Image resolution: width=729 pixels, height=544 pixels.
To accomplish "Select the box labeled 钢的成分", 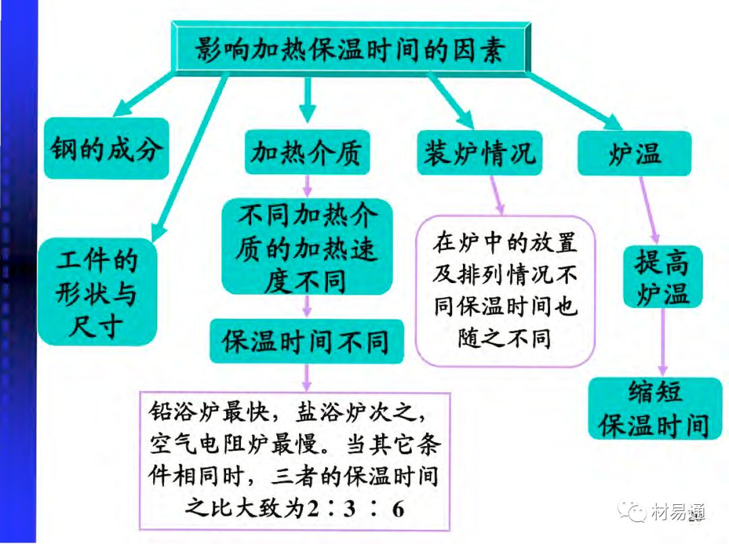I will pos(107,149).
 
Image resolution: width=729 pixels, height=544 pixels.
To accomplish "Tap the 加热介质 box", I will pos(307,153).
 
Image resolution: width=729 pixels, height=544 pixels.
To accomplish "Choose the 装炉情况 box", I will pos(479,153).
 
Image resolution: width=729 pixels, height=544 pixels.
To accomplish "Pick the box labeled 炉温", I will pos(634,154).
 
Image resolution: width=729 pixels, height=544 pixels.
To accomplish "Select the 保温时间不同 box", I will pos(307,341).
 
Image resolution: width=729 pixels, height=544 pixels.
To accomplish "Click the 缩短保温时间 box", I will pos(655,408).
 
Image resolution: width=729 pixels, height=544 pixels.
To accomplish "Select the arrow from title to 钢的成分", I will pos(142,94).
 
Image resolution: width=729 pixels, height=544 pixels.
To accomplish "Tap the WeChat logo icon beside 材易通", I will pos(633,512).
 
